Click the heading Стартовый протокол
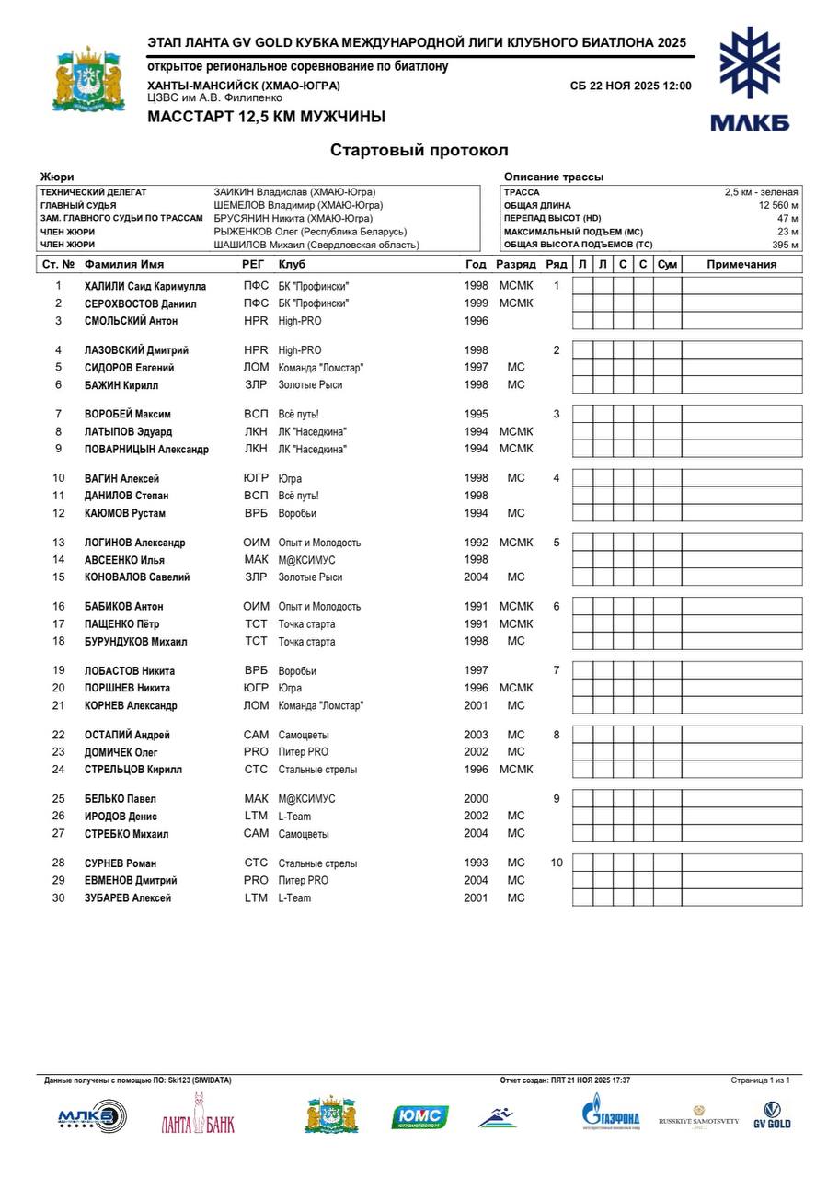[x=419, y=150]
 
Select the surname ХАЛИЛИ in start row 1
[x=103, y=286]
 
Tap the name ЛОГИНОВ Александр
[x=134, y=543]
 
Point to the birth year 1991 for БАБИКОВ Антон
[x=476, y=607]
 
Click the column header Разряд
[x=515, y=265]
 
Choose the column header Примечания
[x=741, y=265]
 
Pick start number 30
[x=59, y=898]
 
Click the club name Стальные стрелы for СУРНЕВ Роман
[x=317, y=863]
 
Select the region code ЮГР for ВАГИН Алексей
[x=256, y=479]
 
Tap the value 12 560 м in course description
[x=778, y=205]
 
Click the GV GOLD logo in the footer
[x=772, y=1115]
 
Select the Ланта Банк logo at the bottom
[x=197, y=1121]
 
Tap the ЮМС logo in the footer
[x=419, y=1117]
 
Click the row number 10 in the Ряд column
[x=556, y=863]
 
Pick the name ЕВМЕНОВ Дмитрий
[x=131, y=881]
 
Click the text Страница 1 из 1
[x=760, y=1080]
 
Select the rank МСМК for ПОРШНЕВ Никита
[x=515, y=688]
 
